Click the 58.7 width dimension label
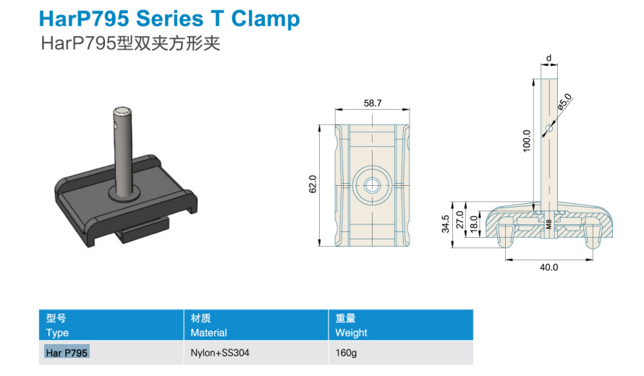point(373,103)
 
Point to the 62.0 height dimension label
point(313,184)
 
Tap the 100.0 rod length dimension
point(527,141)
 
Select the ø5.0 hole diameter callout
point(564,101)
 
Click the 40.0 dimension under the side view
point(548,268)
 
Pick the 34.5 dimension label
point(446,224)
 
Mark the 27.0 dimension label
point(460,220)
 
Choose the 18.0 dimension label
point(474,224)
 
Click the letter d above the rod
point(548,59)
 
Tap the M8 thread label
point(549,224)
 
